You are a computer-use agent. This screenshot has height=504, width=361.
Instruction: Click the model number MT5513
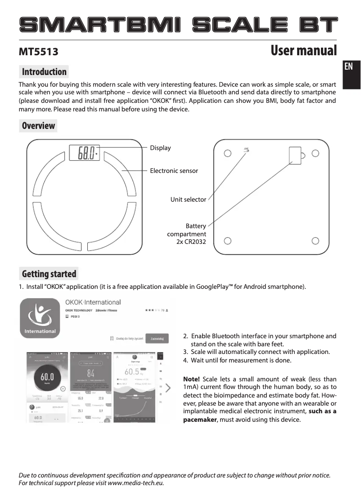(38, 52)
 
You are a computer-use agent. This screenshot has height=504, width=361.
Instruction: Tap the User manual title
(303, 51)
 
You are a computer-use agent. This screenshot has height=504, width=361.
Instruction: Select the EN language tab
(348, 67)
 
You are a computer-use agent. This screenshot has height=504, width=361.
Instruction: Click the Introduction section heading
(44, 72)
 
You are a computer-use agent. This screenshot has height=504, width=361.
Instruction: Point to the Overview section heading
(38, 126)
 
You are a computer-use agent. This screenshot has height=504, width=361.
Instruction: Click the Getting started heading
(49, 274)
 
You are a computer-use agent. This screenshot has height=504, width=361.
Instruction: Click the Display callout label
(160, 148)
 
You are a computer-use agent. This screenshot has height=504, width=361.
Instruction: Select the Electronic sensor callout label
(174, 171)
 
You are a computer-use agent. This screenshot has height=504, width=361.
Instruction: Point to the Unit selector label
(188, 199)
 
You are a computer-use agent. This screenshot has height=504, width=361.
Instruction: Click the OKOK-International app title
(93, 302)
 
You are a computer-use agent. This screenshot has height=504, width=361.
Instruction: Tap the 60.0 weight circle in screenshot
(47, 376)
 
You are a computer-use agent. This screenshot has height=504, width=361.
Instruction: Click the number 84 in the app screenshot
(91, 373)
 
